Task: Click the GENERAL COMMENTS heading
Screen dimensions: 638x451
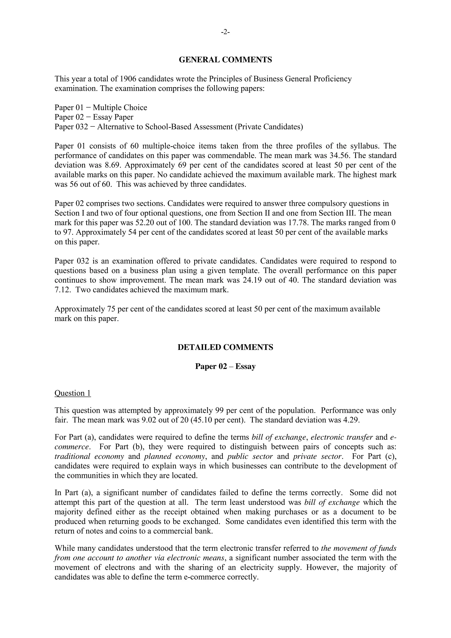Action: point(225,60)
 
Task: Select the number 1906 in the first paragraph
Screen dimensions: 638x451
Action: point(128,79)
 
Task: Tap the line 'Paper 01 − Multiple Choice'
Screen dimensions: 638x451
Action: point(101,108)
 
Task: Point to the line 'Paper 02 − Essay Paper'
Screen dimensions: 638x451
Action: point(94,117)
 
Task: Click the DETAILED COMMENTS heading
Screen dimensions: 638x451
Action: point(225,347)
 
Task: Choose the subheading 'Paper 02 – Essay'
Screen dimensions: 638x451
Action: point(225,366)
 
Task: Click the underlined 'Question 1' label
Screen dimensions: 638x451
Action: point(73,393)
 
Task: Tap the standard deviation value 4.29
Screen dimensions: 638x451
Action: point(350,420)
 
